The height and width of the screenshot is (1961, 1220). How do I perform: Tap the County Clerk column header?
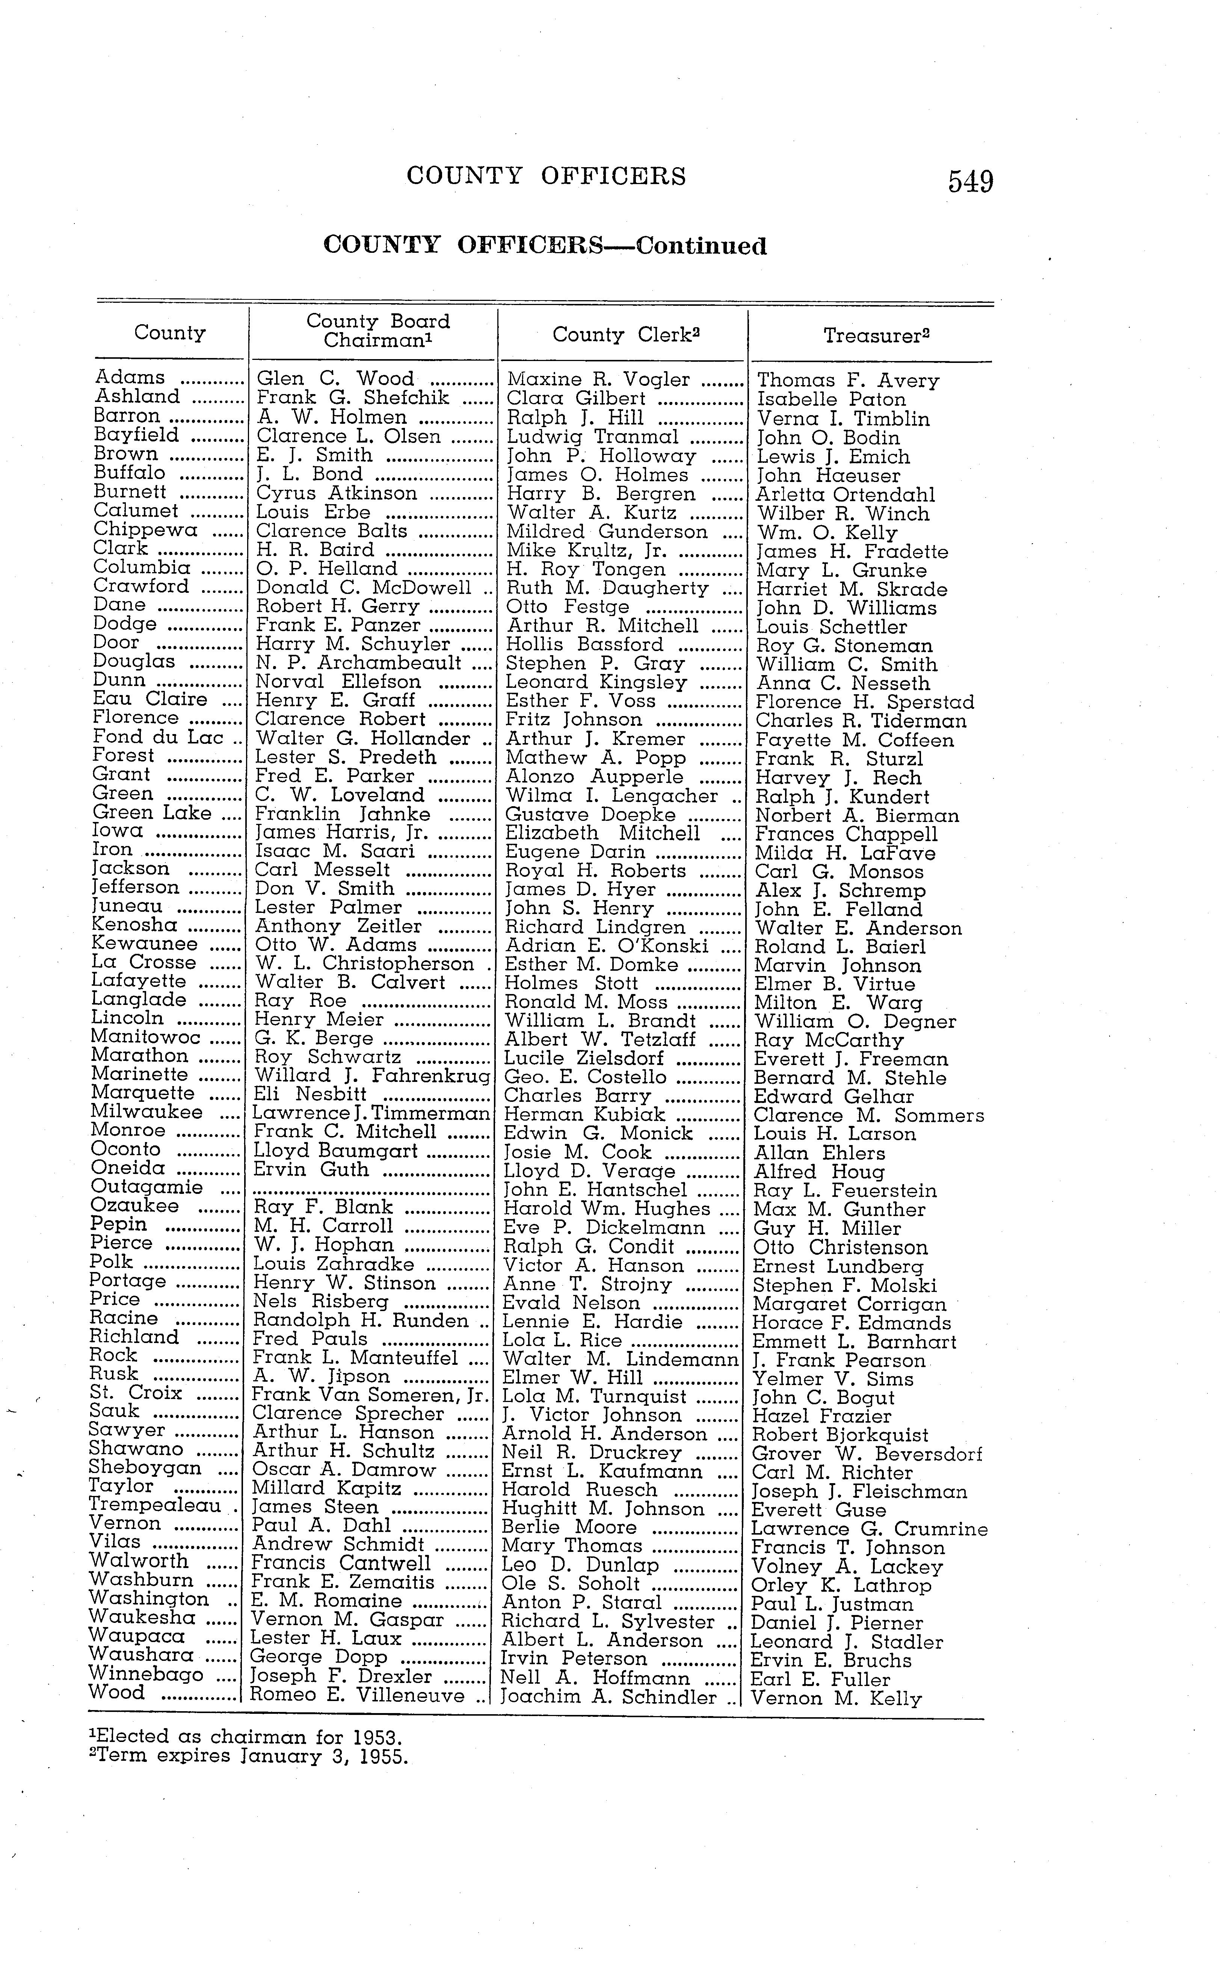(x=625, y=334)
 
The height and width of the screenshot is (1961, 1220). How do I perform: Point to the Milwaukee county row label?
(x=147, y=1112)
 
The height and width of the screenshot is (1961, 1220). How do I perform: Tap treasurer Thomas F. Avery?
(x=847, y=380)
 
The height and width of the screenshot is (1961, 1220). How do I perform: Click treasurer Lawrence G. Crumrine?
(x=869, y=1529)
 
